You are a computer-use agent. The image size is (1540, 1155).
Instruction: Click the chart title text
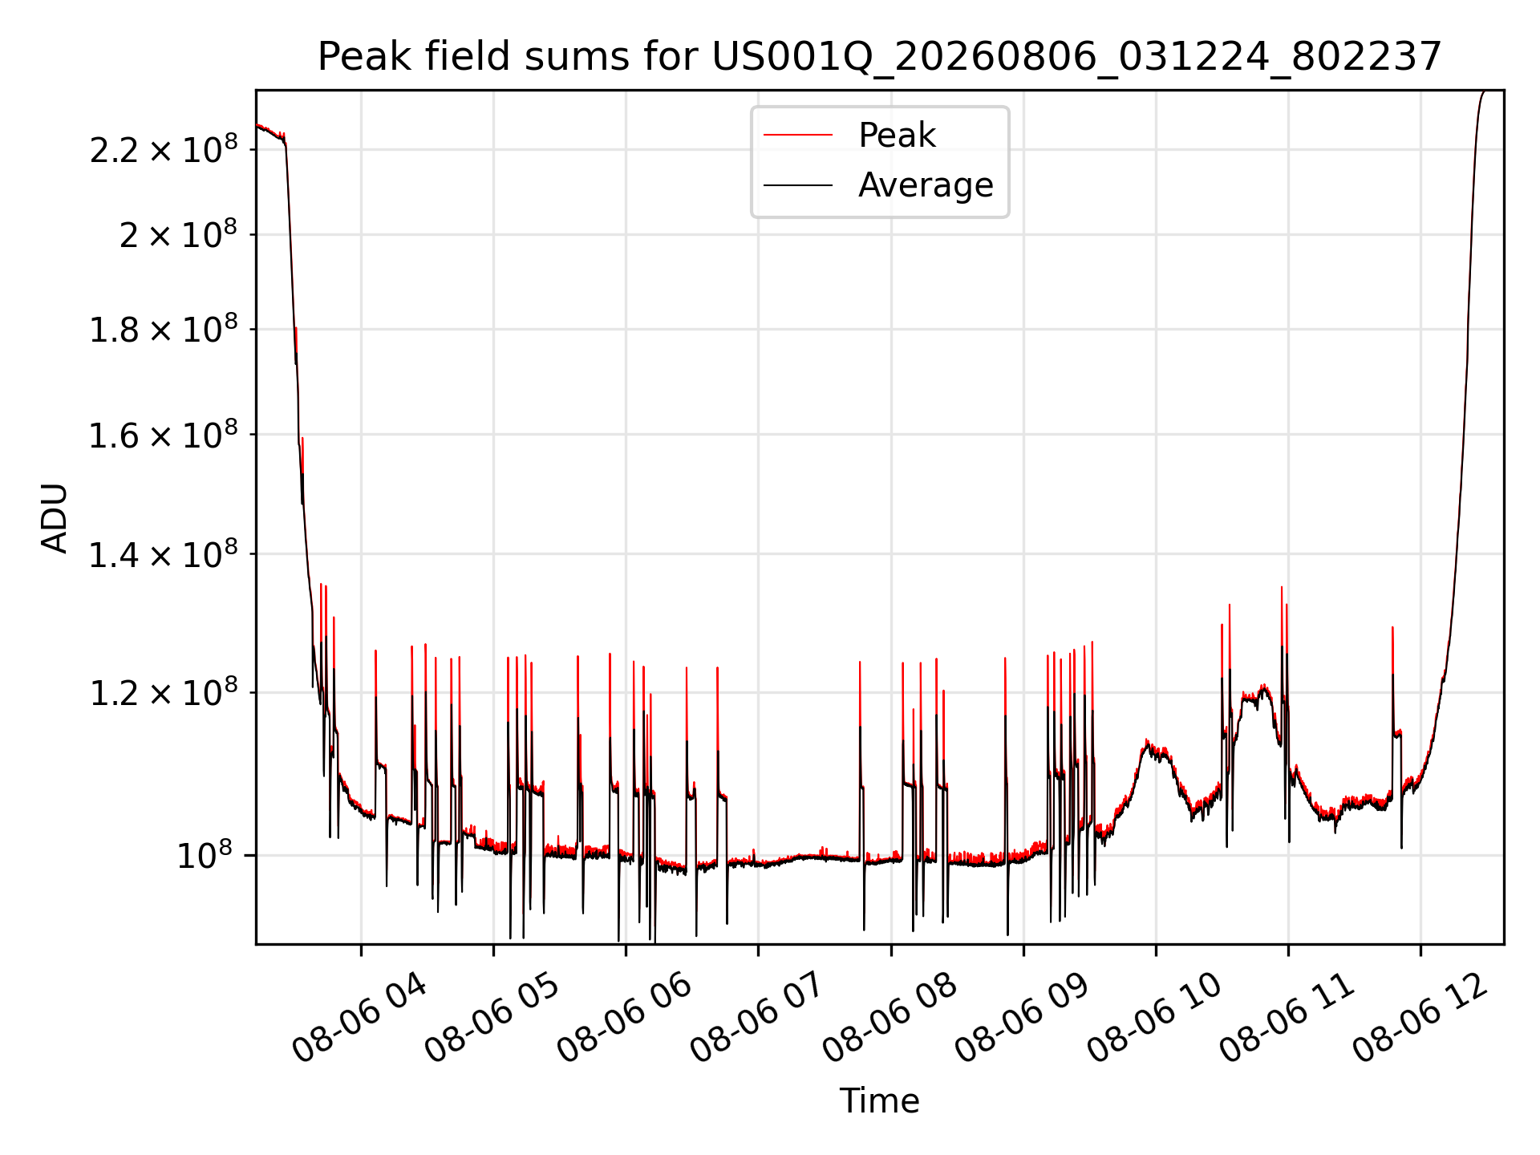click(x=880, y=57)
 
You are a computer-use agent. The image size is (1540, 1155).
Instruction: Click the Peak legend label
click(x=897, y=135)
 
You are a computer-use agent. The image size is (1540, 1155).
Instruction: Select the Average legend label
click(x=926, y=185)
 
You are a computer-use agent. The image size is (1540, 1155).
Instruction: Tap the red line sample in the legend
click(x=798, y=135)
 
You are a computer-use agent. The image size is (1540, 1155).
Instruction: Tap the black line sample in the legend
click(x=798, y=185)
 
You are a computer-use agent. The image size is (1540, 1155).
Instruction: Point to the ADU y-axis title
click(x=55, y=518)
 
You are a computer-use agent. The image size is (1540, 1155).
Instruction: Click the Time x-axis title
click(x=880, y=1100)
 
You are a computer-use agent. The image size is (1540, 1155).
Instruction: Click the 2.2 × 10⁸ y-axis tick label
click(x=164, y=148)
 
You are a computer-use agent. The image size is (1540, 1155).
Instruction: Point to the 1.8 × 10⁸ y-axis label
click(x=164, y=328)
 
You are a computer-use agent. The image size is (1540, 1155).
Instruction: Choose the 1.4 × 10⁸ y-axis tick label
click(x=164, y=553)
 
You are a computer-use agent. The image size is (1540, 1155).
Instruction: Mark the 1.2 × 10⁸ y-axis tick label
click(x=164, y=691)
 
